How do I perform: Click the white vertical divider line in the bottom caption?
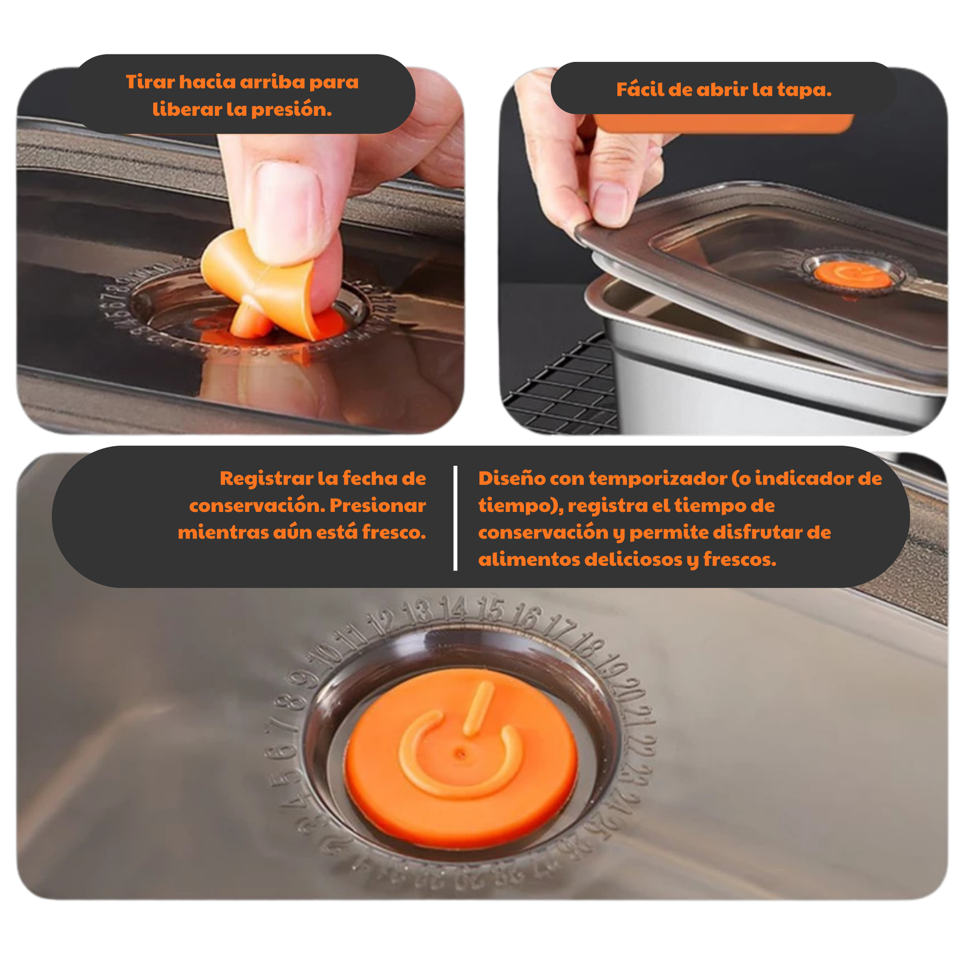[455, 518]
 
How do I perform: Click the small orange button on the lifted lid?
[853, 276]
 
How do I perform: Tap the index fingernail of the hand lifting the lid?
[609, 204]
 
